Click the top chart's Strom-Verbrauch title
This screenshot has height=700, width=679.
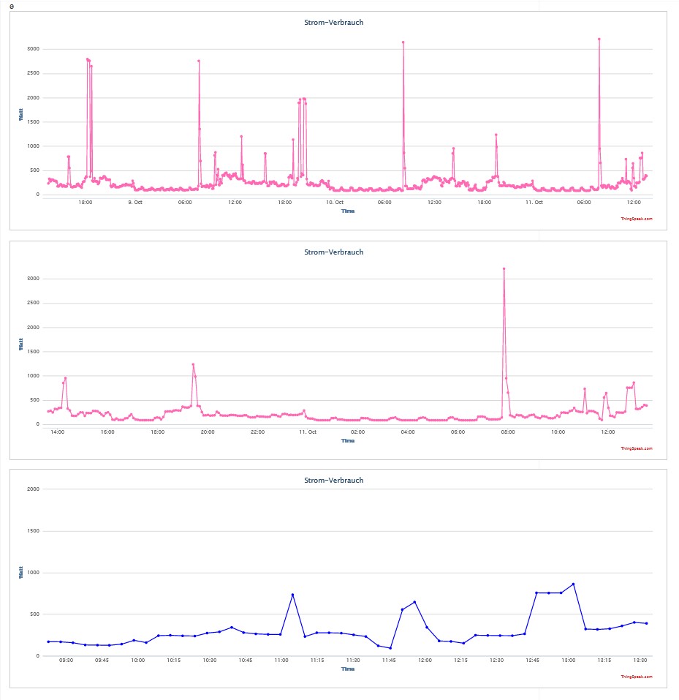point(334,23)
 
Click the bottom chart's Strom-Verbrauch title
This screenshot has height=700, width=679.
point(334,481)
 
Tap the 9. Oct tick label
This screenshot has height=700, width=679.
point(135,202)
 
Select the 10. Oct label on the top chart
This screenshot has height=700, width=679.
point(335,202)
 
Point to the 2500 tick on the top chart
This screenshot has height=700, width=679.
point(33,73)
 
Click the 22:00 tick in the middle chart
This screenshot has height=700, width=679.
point(257,432)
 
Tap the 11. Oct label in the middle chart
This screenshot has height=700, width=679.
point(308,432)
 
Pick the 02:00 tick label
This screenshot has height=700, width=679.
point(357,432)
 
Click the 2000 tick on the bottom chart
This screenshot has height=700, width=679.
point(33,489)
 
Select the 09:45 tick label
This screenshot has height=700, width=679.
point(102,661)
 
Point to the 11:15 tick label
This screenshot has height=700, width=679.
point(317,661)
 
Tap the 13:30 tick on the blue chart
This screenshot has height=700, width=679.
point(640,661)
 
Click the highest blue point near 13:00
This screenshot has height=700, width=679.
point(574,584)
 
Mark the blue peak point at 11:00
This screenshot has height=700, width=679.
point(292,595)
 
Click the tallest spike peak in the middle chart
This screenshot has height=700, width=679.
point(504,269)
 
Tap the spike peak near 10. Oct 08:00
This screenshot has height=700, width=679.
point(403,42)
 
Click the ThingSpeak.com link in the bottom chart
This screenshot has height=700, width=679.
point(637,677)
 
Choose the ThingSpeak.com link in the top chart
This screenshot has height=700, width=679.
point(637,219)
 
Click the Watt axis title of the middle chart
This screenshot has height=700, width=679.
point(21,345)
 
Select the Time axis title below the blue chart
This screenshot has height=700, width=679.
point(348,669)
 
